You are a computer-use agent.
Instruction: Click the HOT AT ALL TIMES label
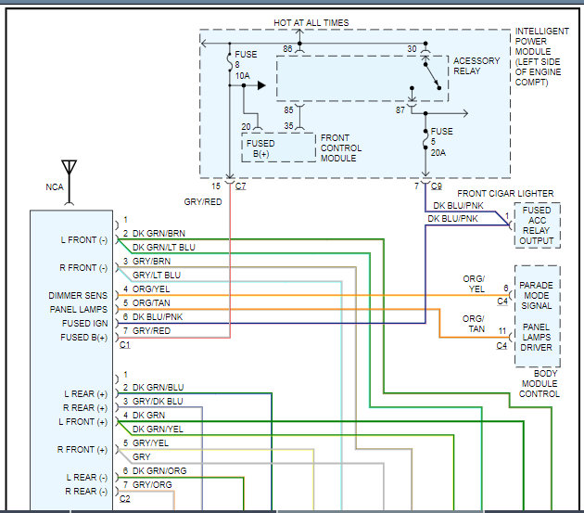[x=311, y=22]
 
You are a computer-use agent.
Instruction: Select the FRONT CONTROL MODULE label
[x=340, y=147]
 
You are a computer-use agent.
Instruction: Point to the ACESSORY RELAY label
[x=476, y=65]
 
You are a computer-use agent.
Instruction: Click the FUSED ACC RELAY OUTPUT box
[x=537, y=224]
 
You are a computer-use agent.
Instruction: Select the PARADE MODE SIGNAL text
[x=537, y=295]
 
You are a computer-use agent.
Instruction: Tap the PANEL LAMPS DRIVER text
[x=537, y=338]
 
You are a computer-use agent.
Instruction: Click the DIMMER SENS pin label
[x=79, y=295]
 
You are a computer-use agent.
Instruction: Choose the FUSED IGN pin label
[x=84, y=323]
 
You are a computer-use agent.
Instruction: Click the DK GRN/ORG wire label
[x=159, y=471]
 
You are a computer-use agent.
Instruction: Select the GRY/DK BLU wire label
[x=158, y=401]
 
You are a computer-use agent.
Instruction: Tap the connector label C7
[x=241, y=186]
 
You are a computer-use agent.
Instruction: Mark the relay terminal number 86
[x=287, y=48]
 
